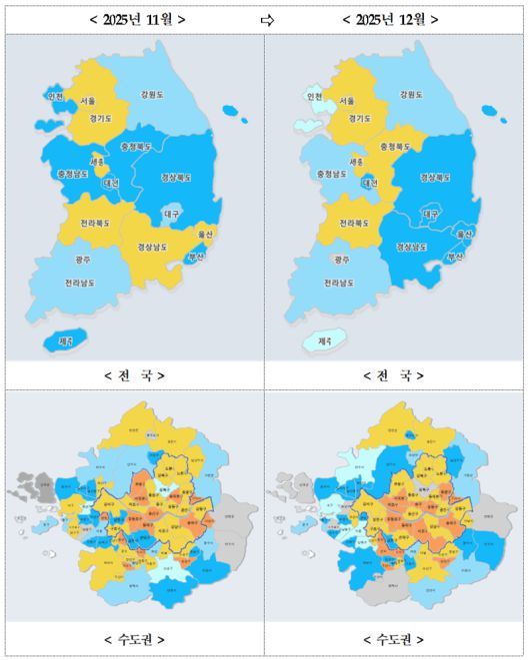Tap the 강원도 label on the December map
point(412,95)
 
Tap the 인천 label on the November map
point(55,97)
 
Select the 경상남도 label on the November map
point(152,246)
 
